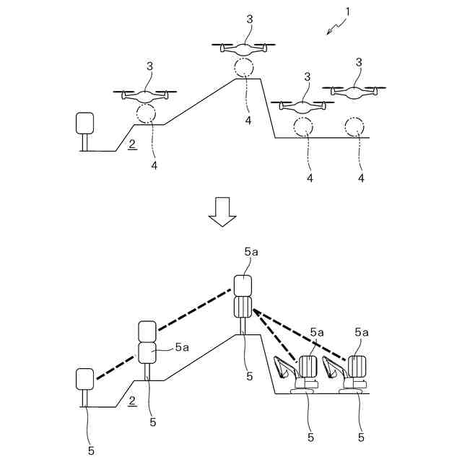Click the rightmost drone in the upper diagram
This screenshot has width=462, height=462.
(358, 91)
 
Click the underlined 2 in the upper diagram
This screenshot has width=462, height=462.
(131, 144)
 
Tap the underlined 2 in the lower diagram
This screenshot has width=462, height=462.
(131, 401)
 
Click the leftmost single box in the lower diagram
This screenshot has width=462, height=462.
(85, 378)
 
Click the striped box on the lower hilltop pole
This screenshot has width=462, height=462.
(243, 307)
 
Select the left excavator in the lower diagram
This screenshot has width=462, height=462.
(296, 375)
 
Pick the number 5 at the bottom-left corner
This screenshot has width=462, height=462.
(91, 450)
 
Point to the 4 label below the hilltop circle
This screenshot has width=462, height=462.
(248, 120)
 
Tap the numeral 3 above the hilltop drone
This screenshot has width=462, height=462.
(249, 19)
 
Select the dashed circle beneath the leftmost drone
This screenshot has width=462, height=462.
(146, 113)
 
